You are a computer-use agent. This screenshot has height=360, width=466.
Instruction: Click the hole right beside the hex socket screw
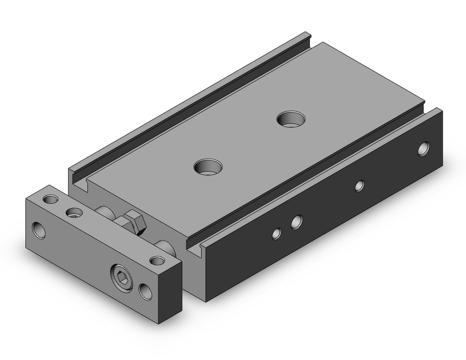146,291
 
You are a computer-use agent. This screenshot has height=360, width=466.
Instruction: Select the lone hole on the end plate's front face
39,229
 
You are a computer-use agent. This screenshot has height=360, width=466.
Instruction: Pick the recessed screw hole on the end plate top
74,213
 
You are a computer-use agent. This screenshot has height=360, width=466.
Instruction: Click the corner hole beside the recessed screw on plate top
50,200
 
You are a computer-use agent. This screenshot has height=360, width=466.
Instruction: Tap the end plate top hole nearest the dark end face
157,261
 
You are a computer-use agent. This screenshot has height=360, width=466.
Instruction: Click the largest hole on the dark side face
423,149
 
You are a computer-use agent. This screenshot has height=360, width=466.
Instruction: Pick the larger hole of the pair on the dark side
296,222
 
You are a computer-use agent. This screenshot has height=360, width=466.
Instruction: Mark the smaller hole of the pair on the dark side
277,233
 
